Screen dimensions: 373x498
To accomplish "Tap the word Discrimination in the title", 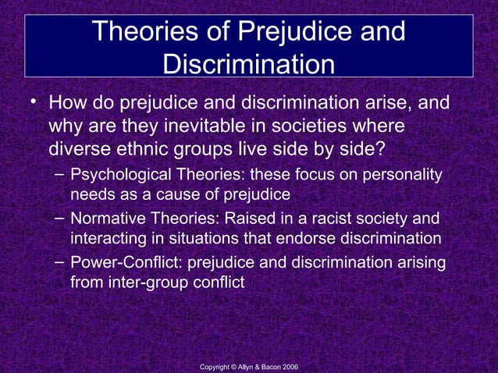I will (248, 65).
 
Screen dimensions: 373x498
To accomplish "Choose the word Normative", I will (107, 220).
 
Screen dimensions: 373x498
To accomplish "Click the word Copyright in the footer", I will (215, 367).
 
